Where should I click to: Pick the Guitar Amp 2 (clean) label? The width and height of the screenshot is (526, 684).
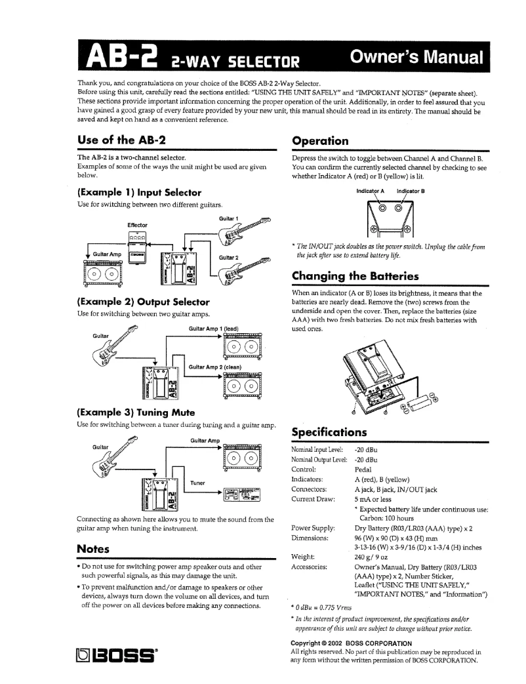(x=216, y=367)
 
